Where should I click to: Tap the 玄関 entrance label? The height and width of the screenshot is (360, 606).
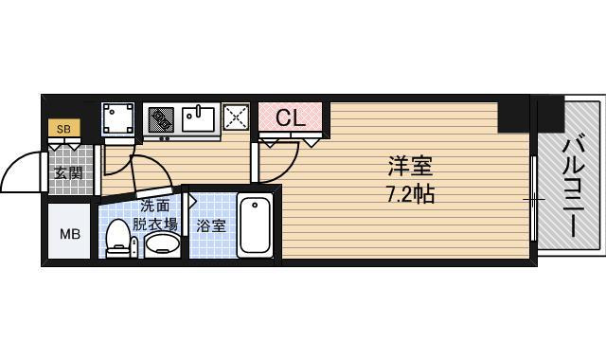(x=67, y=173)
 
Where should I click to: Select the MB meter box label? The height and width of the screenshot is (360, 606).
(x=71, y=234)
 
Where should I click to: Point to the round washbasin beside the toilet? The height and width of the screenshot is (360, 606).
(x=163, y=244)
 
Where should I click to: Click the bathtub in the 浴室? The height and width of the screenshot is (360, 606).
(x=256, y=224)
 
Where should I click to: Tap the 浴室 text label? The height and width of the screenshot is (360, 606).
(x=211, y=225)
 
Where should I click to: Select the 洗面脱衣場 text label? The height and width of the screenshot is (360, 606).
(x=154, y=215)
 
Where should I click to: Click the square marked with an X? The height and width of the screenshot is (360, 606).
(x=236, y=119)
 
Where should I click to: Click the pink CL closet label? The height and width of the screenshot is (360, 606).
(x=291, y=118)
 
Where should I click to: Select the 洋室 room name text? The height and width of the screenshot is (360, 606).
(x=410, y=167)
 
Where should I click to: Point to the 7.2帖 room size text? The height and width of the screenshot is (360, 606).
(x=410, y=196)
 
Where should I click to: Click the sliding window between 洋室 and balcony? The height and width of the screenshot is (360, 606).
(x=535, y=199)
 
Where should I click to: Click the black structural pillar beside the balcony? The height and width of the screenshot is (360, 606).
(x=517, y=115)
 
